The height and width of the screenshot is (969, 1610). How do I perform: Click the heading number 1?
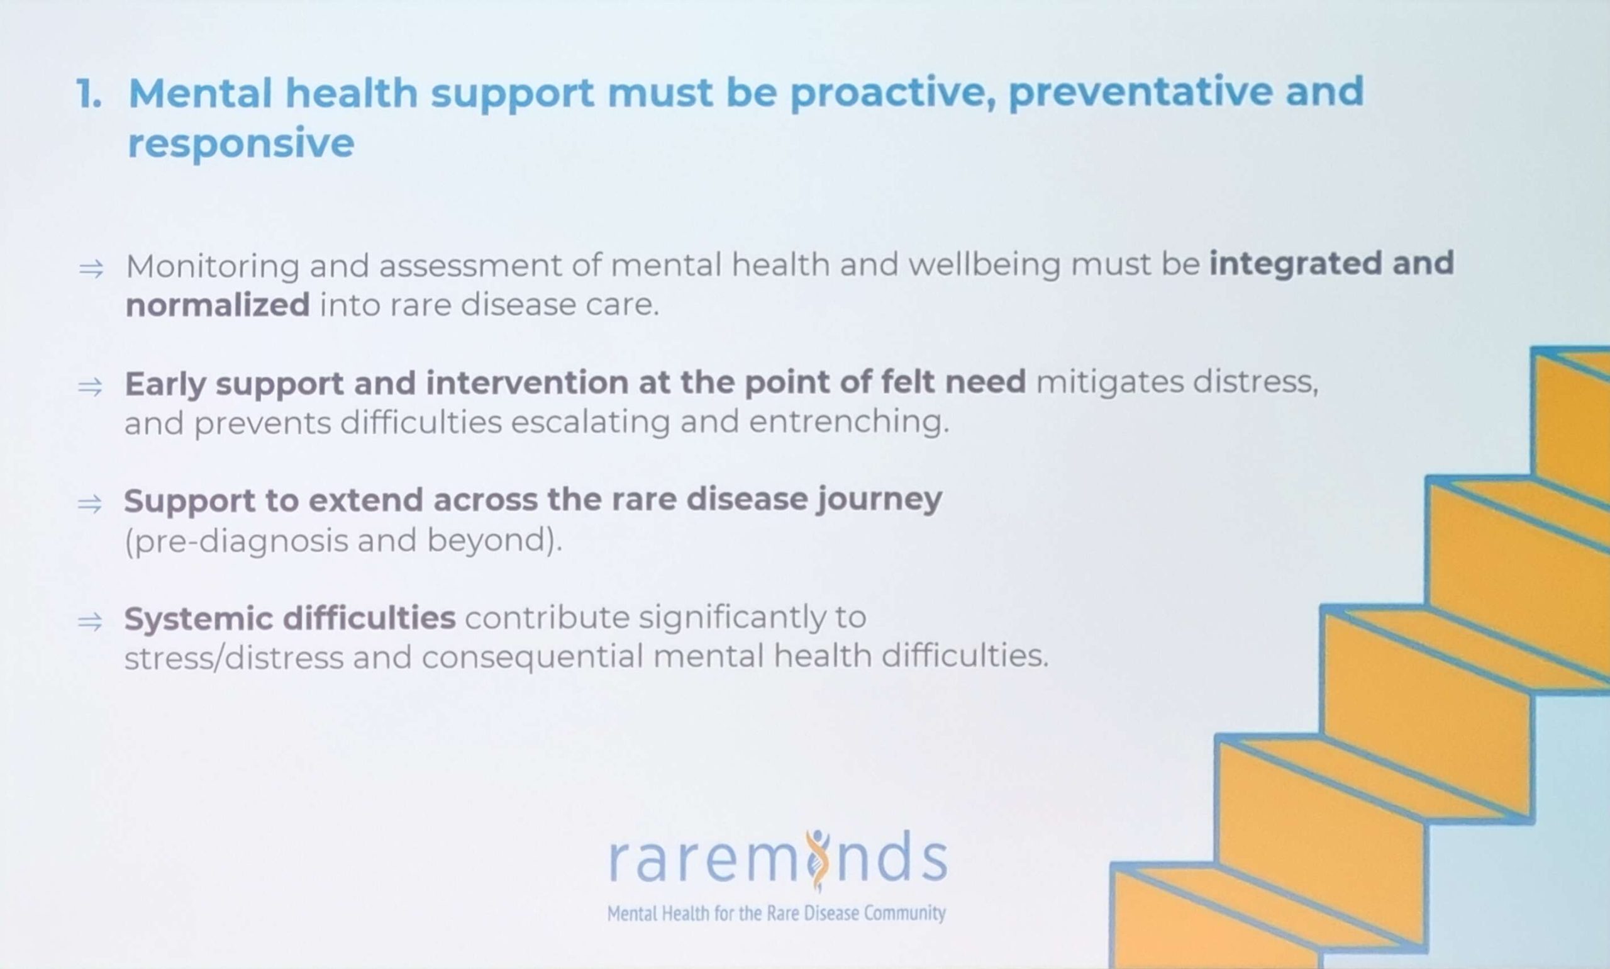click(x=89, y=93)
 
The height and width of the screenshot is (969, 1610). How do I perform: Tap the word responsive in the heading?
click(x=241, y=144)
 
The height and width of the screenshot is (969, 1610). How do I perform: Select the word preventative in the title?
click(x=1141, y=92)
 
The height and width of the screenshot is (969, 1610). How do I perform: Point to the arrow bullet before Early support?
click(x=90, y=386)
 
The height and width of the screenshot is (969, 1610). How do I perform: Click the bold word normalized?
click(x=218, y=305)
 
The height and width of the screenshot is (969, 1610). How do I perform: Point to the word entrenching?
click(x=849, y=422)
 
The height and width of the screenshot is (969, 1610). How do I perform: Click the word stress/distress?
click(x=233, y=657)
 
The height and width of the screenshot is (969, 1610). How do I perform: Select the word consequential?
click(x=533, y=657)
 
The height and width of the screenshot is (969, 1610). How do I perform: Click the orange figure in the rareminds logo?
click(x=817, y=860)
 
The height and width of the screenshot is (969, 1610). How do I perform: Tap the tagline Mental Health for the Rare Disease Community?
click(x=776, y=913)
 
